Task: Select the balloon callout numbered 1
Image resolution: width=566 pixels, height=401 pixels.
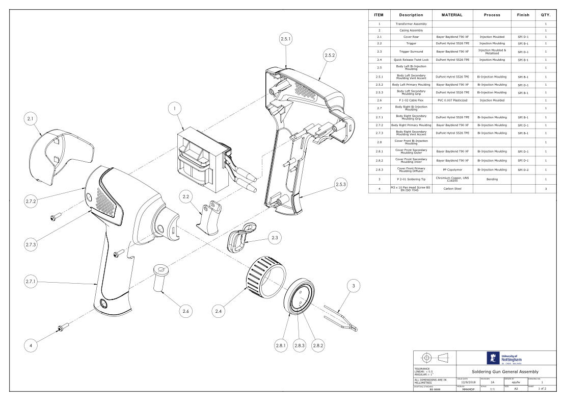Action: (x=175, y=108)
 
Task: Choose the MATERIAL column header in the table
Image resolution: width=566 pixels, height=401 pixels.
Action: (x=452, y=15)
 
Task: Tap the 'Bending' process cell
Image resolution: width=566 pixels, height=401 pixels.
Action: (x=493, y=179)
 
